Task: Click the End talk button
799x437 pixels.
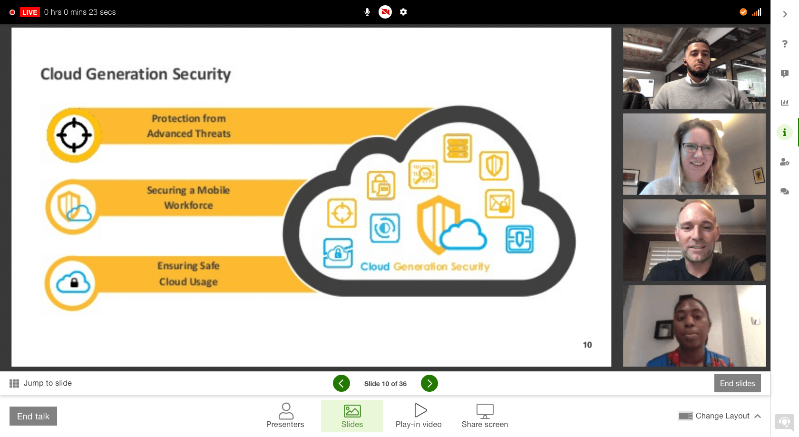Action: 33,416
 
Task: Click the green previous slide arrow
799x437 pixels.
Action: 341,383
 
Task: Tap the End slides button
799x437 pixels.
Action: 737,383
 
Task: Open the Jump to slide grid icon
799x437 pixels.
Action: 14,383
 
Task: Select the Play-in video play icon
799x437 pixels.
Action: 420,410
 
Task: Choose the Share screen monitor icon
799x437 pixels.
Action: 485,411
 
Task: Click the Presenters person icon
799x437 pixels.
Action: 286,411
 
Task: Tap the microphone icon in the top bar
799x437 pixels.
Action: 367,12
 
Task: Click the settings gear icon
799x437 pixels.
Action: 403,12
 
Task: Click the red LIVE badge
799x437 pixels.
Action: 29,12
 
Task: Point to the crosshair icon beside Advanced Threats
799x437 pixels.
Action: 74,135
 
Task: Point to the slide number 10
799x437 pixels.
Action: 587,345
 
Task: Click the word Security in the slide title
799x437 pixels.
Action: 202,74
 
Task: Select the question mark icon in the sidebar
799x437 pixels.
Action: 785,44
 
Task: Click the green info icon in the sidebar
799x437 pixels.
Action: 785,133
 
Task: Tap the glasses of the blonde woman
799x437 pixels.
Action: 698,149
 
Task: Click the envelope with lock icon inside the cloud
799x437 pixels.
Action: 499,204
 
